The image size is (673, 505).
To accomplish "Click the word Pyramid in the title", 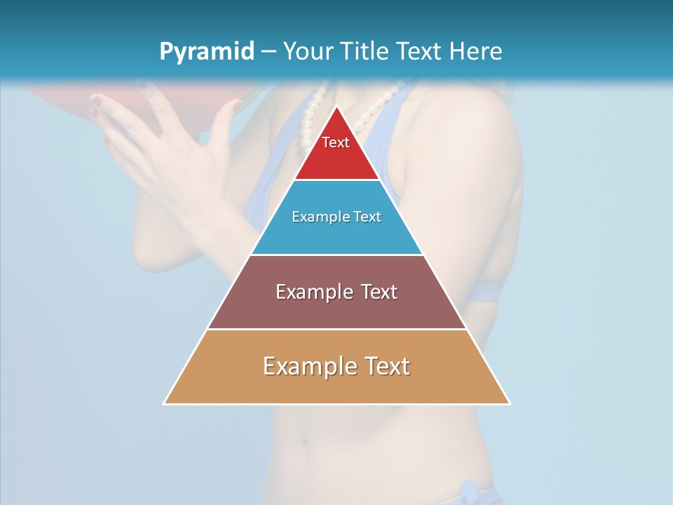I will pos(206,52).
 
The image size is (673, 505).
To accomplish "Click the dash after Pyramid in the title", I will pos(268,52).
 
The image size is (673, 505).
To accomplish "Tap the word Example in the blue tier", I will pos(315,217).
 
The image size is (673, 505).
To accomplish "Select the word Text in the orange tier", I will pos(386,366).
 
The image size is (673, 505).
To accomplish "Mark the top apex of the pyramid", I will pos(336,107).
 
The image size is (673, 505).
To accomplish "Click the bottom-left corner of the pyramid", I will pos(165,403).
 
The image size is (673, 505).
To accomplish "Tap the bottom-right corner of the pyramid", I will pos(509,403).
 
